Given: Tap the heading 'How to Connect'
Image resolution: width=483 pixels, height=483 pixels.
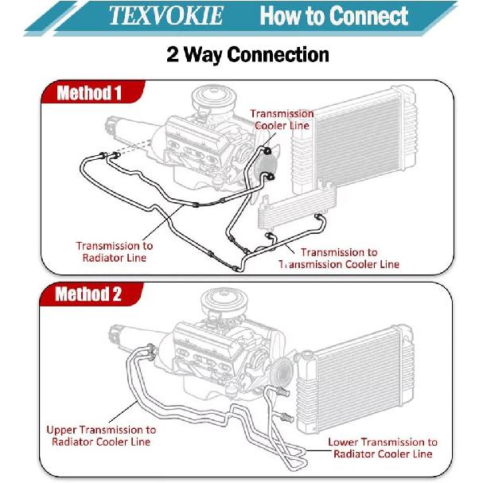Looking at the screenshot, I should click(334, 15).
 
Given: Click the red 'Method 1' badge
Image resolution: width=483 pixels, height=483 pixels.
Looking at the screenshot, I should click(88, 93).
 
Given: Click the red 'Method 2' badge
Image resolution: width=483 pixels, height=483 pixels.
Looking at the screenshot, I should click(88, 294).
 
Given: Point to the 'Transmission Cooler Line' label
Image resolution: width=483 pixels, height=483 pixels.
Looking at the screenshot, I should click(282, 119).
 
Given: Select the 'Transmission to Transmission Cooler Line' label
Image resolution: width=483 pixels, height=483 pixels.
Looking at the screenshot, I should click(339, 258).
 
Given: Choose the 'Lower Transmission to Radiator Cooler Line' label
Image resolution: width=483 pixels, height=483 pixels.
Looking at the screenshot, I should click(383, 447).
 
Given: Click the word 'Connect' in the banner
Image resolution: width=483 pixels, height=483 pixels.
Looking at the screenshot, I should click(366, 15).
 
